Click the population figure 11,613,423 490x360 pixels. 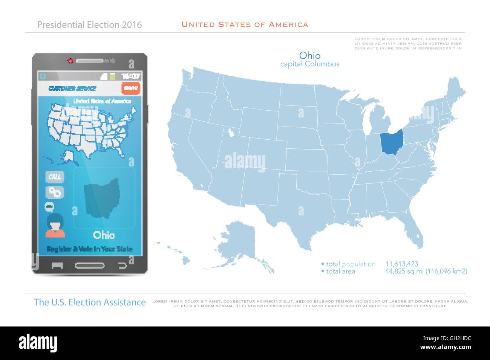click(401, 264)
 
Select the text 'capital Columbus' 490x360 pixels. click(309, 64)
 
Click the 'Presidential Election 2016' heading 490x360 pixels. click(90, 25)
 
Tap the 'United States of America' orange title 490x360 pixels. click(245, 24)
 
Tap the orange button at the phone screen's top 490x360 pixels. click(131, 88)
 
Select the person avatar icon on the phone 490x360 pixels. click(55, 226)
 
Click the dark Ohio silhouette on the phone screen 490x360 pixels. click(102, 198)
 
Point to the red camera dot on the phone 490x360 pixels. click(70, 60)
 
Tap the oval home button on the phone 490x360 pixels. click(90, 265)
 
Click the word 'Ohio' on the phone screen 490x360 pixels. click(104, 235)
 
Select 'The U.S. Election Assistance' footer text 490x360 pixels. click(90, 302)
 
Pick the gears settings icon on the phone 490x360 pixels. click(55, 192)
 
